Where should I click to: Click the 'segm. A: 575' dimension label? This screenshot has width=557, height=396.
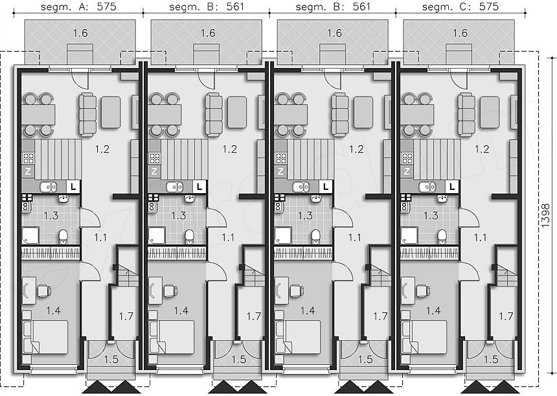coord(78,6)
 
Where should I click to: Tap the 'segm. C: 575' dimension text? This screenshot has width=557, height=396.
coord(460,6)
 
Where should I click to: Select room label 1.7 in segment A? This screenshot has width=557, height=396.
coord(126,316)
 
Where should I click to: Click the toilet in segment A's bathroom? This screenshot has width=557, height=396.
coord(63,237)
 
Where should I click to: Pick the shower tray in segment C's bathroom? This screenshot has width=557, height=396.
coord(409,236)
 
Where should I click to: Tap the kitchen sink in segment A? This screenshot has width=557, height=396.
coord(49,187)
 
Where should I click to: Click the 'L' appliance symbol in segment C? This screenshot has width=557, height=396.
coord(452,186)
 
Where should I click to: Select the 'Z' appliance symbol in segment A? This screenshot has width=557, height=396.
coord(28,172)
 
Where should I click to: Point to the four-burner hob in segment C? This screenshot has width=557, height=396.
coord(407,157)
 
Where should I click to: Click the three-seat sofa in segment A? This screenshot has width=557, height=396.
coord(87,115)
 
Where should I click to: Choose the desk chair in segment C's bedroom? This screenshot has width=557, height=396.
coord(423,291)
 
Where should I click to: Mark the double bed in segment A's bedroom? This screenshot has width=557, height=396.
coord(45,336)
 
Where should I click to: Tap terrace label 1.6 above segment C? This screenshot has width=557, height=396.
coord(460,33)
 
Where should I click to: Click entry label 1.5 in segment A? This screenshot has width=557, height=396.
coord(111,360)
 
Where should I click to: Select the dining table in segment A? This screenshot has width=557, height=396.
coord(38,115)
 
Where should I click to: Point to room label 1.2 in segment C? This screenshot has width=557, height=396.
coord(482,149)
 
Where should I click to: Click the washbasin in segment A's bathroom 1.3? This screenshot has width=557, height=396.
coord(63,199)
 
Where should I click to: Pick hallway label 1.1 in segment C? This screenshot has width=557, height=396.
coord(481,237)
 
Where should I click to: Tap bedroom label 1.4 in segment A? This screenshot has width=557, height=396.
coord(53,310)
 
